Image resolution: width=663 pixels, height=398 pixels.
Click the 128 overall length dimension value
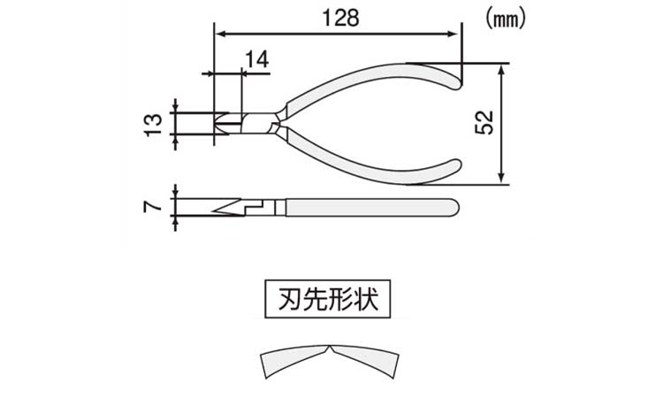[x=340, y=18]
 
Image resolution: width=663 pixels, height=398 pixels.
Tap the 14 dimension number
[x=256, y=59]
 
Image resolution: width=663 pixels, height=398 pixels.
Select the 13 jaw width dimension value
[x=154, y=124]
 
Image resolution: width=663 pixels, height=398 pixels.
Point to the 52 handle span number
[x=484, y=122]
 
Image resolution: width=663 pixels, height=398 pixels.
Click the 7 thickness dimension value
[x=153, y=206]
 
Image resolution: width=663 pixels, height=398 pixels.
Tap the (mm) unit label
[x=506, y=19]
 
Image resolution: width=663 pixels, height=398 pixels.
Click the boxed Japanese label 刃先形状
[x=328, y=299]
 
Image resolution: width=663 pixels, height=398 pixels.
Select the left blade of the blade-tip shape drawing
[x=294, y=361]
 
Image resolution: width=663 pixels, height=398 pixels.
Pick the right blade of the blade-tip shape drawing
[x=364, y=361]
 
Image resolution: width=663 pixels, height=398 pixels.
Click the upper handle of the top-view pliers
[x=372, y=80]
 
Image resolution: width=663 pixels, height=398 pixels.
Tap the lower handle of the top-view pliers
[x=372, y=167]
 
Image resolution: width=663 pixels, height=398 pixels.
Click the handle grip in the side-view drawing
[x=371, y=207]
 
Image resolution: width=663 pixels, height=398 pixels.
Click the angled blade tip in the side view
[x=227, y=206]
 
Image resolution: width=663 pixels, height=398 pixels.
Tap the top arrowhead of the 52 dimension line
[x=501, y=70]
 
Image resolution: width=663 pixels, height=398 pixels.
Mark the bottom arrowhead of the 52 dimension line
[x=501, y=178]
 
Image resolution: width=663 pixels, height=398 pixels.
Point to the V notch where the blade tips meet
[x=330, y=348]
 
